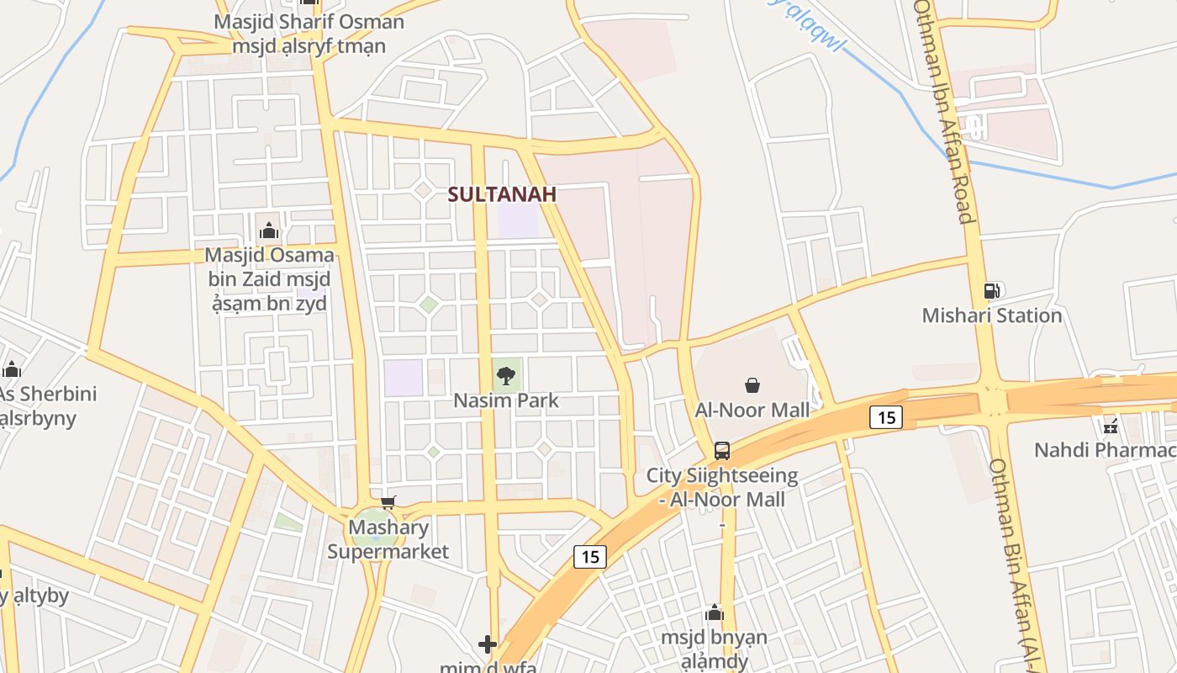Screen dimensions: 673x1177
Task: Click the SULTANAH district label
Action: coord(502,194)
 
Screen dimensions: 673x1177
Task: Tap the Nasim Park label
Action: coord(506,400)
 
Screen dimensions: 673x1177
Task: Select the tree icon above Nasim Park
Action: coord(505,376)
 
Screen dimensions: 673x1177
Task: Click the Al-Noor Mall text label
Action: coord(752,410)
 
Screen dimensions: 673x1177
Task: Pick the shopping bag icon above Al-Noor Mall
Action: coord(752,385)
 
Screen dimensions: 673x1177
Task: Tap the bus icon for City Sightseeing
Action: coord(722,450)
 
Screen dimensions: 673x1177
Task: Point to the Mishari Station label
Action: coord(992,315)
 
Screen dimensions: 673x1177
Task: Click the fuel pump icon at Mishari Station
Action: coord(992,291)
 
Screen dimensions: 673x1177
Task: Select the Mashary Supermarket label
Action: coord(388,540)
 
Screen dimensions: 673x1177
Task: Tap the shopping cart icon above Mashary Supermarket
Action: coord(388,503)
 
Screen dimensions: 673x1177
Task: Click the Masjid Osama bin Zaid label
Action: coord(269,278)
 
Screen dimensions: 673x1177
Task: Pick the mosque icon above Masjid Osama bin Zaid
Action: coord(269,230)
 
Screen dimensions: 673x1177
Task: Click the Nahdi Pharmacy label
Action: coord(1105,450)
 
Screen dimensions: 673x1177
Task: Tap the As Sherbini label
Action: coord(47,405)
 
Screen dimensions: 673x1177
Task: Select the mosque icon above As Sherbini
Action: coord(12,369)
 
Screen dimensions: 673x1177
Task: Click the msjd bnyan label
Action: coord(714,649)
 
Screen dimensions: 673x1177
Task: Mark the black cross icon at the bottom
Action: coord(488,644)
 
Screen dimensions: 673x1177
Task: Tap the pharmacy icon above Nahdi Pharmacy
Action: coord(1110,426)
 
